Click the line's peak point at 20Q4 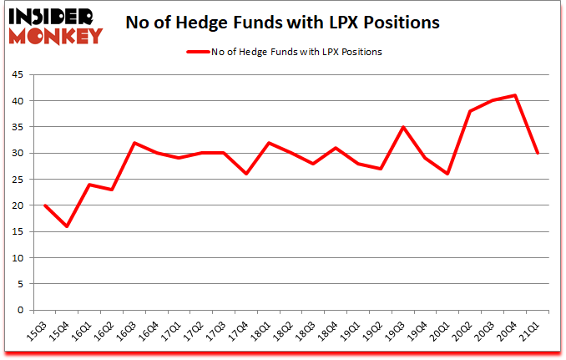515,95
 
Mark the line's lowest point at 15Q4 67,226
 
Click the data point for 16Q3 134,143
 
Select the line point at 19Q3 403,127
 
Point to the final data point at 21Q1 538,153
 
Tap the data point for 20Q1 448,174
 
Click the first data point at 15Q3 44,205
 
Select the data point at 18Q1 269,143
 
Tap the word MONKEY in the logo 56,34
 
